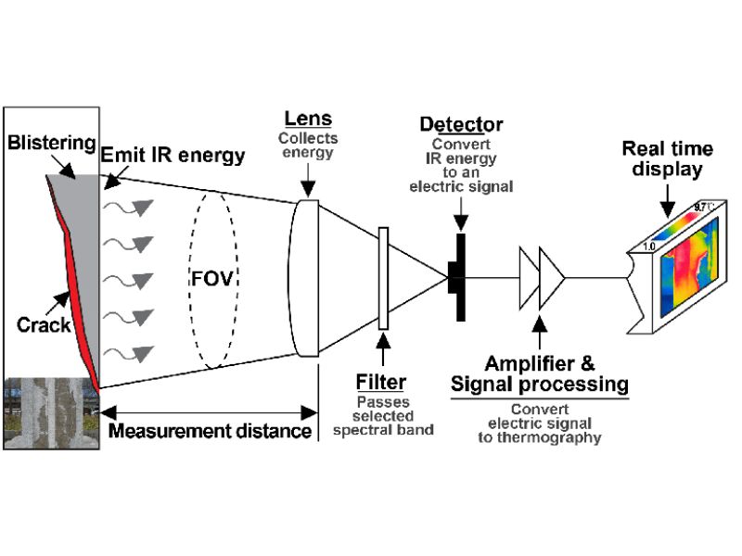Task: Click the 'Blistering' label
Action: [50, 143]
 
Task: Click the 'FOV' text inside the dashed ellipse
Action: [211, 279]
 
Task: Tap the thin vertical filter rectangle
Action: [382, 279]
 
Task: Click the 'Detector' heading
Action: [461, 124]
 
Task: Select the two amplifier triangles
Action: [542, 277]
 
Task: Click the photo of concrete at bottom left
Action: [50, 413]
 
